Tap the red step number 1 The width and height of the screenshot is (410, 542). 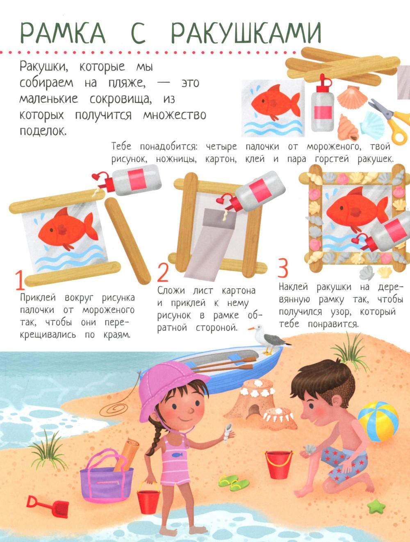(20, 280)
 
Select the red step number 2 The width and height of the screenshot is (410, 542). (163, 273)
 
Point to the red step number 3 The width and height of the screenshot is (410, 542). (283, 267)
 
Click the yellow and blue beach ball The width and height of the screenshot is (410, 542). (378, 421)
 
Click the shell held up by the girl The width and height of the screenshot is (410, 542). (228, 430)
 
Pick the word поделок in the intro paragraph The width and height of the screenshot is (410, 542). (43, 130)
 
